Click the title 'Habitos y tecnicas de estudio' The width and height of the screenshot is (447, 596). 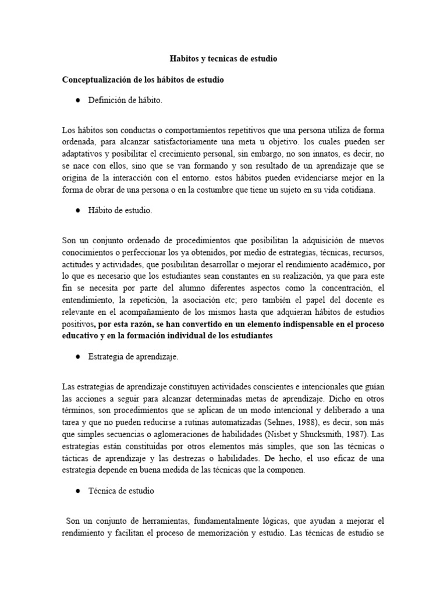[x=223, y=59]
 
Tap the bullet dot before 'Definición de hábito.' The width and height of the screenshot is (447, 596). [x=77, y=101]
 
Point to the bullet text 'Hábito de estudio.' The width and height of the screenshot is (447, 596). [x=120, y=211]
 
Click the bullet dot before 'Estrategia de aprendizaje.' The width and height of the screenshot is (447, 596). [x=77, y=357]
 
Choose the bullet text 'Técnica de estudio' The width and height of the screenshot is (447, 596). [x=120, y=491]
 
